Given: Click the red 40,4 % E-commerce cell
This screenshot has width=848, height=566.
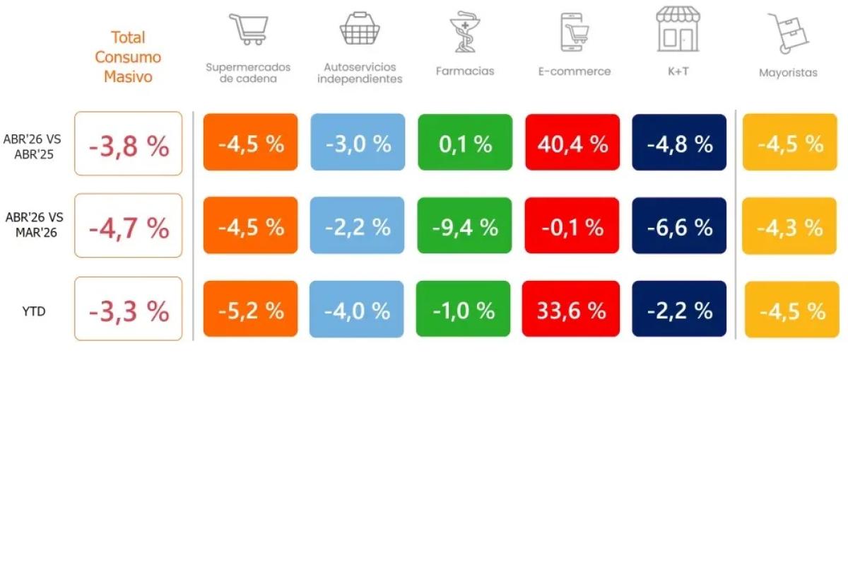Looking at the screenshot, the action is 572,142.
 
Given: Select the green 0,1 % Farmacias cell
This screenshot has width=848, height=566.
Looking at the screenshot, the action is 465,142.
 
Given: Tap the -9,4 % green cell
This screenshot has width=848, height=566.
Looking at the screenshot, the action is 464,226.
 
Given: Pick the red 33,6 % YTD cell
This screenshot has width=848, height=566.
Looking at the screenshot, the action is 571,308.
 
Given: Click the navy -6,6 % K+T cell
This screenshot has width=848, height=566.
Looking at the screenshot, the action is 679,226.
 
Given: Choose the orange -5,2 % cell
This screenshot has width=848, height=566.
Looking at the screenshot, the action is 251,308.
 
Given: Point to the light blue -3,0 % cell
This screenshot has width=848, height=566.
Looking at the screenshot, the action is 358,142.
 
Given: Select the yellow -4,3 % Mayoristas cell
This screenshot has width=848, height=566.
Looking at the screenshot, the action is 789,226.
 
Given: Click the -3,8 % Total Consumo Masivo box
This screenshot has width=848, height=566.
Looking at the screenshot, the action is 129,144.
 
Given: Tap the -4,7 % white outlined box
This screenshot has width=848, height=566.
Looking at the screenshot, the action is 129,226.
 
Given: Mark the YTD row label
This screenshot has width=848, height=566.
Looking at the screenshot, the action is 34,311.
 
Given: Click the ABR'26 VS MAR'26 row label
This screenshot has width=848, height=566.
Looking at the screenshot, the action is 35,225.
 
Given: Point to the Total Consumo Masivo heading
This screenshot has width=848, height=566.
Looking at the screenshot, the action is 128,57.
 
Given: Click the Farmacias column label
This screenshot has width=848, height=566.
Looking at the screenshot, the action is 465,71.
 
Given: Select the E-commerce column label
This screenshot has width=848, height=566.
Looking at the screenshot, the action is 575,71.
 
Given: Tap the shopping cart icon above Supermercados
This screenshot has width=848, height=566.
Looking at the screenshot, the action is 249,29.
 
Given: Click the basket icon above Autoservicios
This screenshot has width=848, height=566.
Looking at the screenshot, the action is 360,28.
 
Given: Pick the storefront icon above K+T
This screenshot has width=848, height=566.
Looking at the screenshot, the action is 678,29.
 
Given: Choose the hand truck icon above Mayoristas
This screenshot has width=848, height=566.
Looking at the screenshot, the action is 788,33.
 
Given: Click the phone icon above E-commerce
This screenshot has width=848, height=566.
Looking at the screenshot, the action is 575,33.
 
